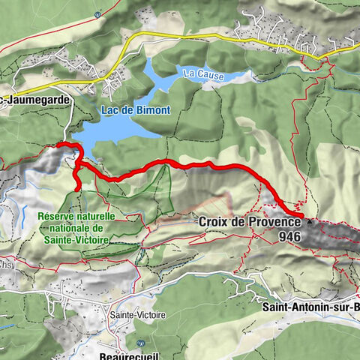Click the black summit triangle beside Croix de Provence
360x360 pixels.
[x=309, y=222]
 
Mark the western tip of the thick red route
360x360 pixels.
[x=57, y=145]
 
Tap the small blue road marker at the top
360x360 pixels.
[x=98, y=13]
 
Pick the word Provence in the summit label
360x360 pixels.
[x=271, y=222]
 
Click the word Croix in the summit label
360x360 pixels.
[x=214, y=222]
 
